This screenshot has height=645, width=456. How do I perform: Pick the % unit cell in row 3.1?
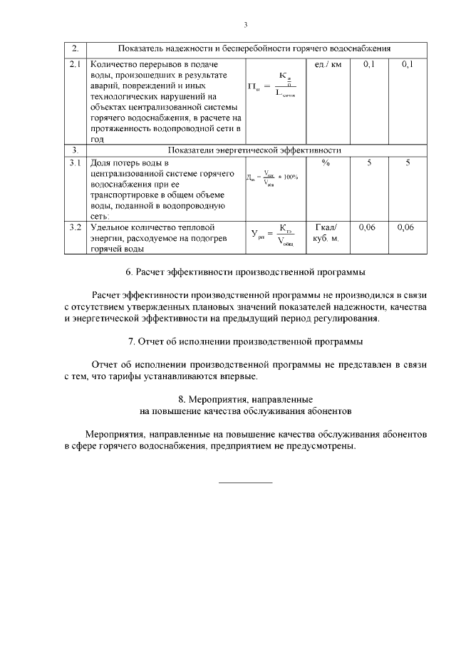[x=326, y=163]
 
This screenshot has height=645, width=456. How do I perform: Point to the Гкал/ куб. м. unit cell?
[x=326, y=232]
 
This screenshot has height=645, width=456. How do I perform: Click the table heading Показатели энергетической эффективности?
[x=254, y=150]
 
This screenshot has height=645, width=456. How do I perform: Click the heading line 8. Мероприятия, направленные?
[x=245, y=399]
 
